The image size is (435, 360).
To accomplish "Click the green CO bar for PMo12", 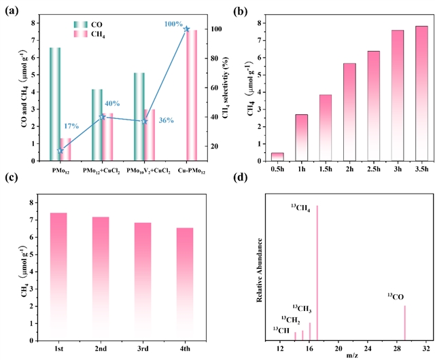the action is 55,104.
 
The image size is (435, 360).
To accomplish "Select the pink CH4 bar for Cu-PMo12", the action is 192,95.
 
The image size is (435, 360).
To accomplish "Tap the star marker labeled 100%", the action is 186,29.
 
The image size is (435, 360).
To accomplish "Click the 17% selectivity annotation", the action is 71,126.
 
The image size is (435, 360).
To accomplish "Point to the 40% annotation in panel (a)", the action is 112,104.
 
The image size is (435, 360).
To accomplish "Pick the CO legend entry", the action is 88,24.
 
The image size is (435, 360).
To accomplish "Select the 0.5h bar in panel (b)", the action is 277,157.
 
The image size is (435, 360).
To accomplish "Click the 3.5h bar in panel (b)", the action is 421,94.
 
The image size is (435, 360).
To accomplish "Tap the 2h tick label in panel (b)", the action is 349,168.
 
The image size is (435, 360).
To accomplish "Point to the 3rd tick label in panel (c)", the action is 143,348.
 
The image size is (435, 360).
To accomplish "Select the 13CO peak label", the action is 396,296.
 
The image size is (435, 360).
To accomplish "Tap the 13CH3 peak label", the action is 302,308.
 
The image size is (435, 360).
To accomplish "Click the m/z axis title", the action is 352,356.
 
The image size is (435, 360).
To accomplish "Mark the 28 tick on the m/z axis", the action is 397,348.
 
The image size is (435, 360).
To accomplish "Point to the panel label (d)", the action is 240,177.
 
